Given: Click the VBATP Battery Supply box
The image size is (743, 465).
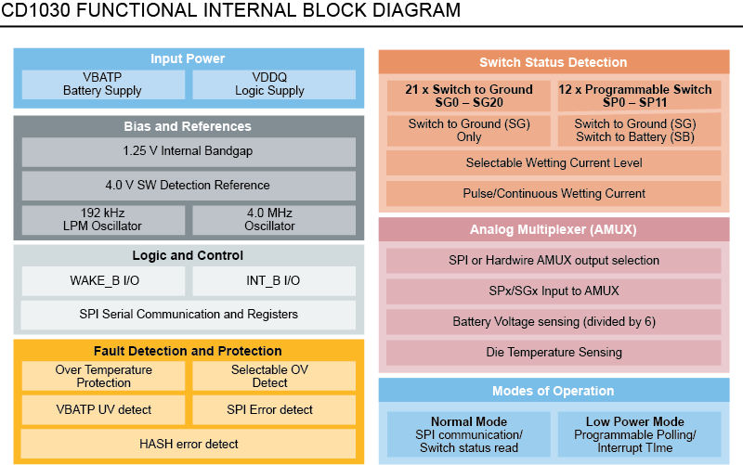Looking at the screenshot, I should [x=102, y=84].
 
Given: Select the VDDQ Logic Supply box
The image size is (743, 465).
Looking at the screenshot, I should [x=273, y=84].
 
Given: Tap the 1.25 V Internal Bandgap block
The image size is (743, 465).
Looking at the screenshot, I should [x=188, y=151].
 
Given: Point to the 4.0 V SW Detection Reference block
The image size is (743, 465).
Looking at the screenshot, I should [x=188, y=185].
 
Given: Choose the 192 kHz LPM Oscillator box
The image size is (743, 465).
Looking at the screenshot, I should [x=102, y=219].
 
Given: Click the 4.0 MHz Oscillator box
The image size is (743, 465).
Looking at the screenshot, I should [x=273, y=219].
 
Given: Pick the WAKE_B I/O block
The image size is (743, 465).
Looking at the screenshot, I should [x=102, y=280].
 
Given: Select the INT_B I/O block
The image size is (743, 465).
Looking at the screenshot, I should [x=273, y=280].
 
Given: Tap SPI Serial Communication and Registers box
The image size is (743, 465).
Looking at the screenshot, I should [x=188, y=314].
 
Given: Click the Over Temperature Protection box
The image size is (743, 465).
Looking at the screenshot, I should [x=102, y=376].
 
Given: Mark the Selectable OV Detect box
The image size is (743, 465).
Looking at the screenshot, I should [x=273, y=376].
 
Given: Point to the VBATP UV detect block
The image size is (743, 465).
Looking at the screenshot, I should [x=102, y=409].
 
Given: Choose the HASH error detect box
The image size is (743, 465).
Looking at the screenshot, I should [x=188, y=444].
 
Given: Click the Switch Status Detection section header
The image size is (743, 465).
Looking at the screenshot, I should [x=554, y=63].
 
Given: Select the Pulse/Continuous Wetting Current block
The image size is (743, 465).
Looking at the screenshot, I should [x=554, y=194].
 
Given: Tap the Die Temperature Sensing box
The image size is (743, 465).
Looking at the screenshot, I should [x=554, y=352].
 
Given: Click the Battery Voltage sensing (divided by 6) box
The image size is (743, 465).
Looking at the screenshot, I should [x=554, y=321].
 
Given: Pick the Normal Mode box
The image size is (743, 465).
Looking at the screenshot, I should [x=468, y=434].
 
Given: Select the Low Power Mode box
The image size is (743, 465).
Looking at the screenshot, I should [x=639, y=434].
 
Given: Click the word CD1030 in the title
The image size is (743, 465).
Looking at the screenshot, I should [x=34, y=11].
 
